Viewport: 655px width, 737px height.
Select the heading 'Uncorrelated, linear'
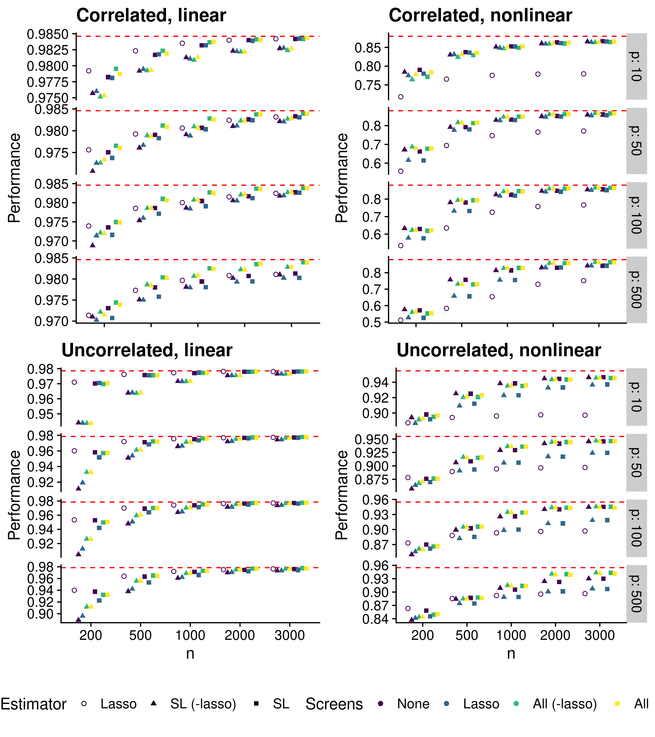coord(147,350)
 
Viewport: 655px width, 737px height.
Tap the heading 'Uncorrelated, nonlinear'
coord(499,350)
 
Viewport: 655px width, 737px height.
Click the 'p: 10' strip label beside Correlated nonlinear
coord(636,66)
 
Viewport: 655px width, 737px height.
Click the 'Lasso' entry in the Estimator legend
coord(118,703)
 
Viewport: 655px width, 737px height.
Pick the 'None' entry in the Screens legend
coord(413,703)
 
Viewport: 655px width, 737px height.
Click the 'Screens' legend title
coord(334,704)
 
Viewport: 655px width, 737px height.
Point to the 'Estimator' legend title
coord(33,704)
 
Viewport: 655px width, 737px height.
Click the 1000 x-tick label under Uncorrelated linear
coord(190,635)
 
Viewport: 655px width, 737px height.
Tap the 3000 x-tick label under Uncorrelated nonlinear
coord(599,635)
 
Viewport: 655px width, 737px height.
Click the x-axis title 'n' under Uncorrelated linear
coord(190,653)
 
